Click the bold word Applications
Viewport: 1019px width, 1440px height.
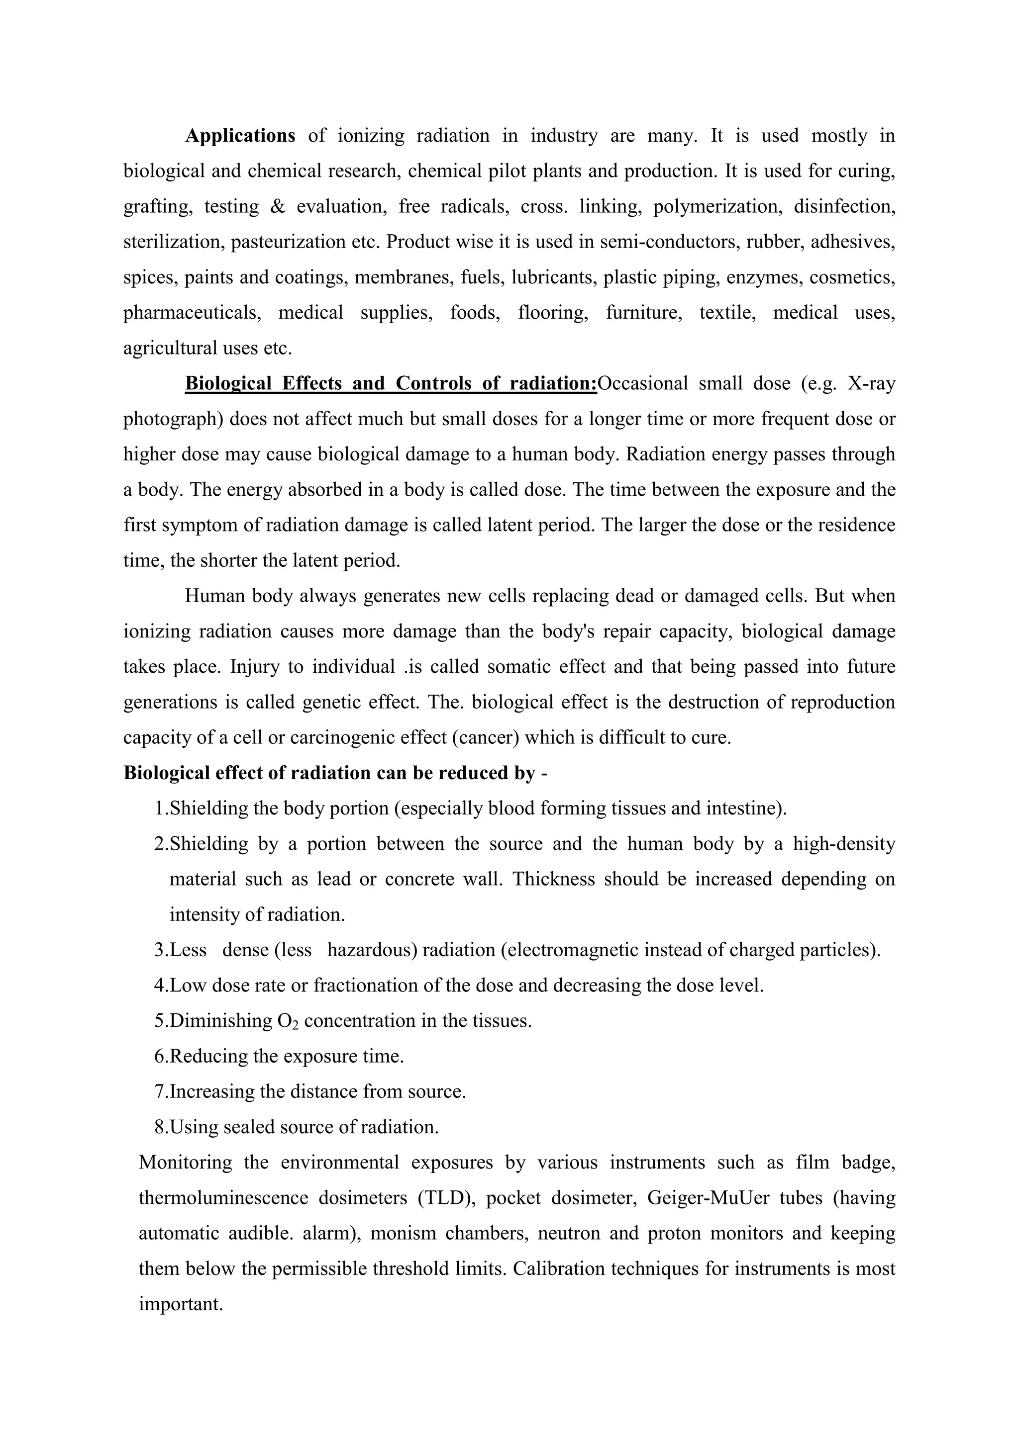(240, 136)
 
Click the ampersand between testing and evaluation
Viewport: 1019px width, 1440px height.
(277, 207)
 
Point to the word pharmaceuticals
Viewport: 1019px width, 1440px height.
(192, 312)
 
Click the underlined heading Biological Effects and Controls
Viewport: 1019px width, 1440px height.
(390, 383)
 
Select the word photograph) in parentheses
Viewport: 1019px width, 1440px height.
(173, 419)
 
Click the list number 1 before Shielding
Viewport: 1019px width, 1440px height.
(159, 809)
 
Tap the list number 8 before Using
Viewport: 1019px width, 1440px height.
(159, 1127)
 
